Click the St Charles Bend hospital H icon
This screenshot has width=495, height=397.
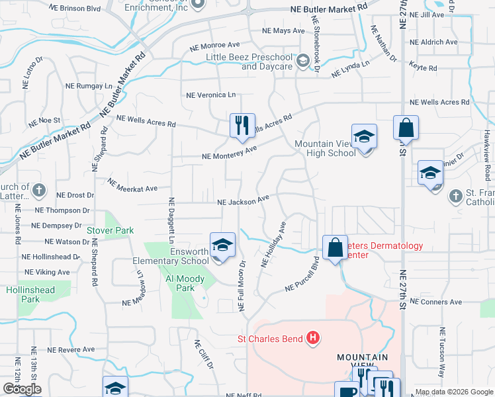click(313, 339)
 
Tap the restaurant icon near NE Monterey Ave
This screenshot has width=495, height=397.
click(242, 124)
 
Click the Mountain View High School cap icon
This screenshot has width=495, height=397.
click(363, 138)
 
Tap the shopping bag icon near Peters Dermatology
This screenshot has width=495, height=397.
click(336, 247)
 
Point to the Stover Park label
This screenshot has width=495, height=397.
click(110, 231)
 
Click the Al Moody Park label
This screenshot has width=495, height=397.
click(176, 283)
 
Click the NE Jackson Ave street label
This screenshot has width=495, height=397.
click(244, 200)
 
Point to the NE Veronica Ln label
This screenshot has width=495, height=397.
click(210, 95)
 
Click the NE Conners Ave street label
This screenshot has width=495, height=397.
click(435, 302)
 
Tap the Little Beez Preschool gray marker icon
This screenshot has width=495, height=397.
click(303, 62)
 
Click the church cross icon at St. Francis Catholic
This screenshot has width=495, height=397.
click(455, 196)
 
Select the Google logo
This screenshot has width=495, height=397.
click(22, 389)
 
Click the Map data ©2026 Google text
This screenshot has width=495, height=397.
click(454, 392)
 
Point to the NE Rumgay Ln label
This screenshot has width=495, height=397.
click(89, 86)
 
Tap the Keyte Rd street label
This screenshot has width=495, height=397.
click(424, 68)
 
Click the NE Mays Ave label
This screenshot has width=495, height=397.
click(283, 31)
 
